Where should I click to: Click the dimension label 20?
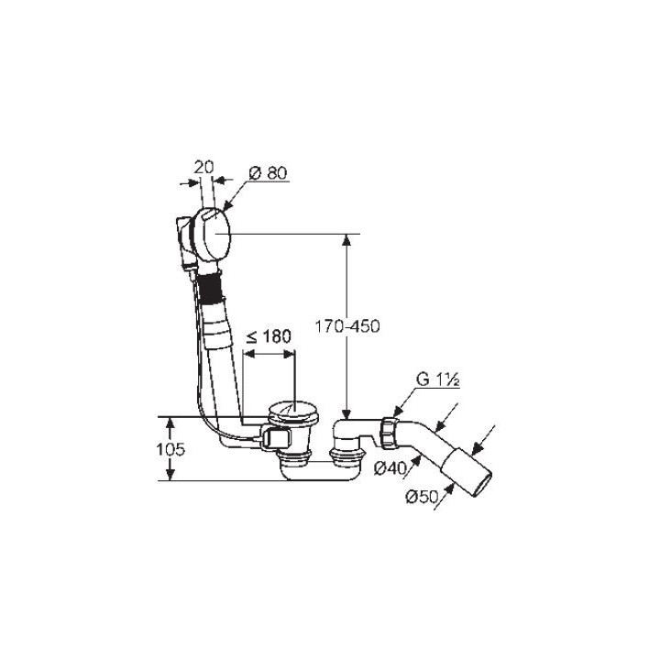point(203,168)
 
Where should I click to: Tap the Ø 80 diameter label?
point(268,173)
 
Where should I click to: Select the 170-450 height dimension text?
point(347,326)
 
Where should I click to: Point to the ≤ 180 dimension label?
point(269,336)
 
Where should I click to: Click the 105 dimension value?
point(170,449)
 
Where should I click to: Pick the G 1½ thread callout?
point(437,379)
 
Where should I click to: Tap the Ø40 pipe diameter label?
point(390,467)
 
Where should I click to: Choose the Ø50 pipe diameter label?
point(422,497)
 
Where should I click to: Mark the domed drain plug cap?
point(293,409)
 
